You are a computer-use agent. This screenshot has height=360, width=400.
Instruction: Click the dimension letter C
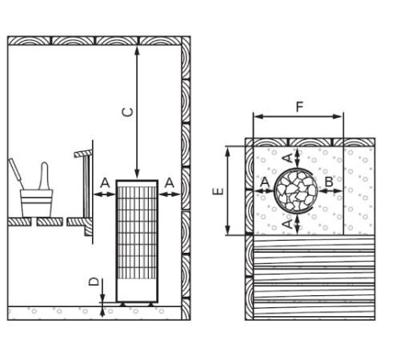coord(127,112)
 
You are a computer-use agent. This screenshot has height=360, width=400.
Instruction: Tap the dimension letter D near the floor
coord(94,282)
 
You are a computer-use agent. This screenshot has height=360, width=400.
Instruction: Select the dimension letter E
coord(218,191)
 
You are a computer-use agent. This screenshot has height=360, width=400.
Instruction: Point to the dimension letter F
coord(300,107)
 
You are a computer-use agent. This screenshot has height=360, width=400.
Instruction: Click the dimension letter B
coord(330,182)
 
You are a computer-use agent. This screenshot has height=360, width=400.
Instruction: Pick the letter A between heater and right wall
coord(170,183)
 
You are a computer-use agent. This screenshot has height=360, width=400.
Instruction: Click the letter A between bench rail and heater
coord(105,183)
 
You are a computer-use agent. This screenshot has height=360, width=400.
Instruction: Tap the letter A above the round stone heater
coord(287,158)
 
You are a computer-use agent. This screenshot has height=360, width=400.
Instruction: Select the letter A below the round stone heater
coord(287,224)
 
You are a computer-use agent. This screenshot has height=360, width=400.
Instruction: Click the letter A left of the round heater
coord(265,182)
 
